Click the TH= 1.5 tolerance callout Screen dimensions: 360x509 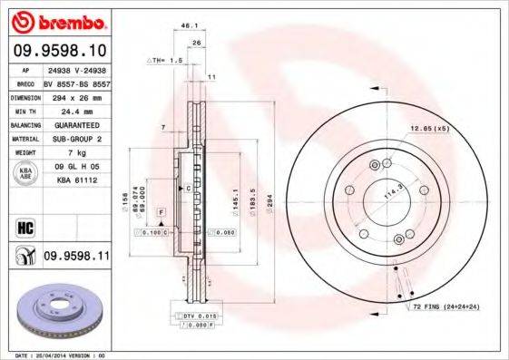click(x=166, y=59)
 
